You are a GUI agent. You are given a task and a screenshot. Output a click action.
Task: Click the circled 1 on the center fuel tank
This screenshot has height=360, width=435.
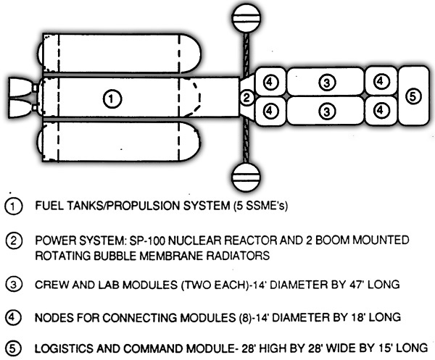click(x=112, y=99)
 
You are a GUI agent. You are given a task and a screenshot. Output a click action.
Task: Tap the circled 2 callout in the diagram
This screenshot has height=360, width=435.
click(x=246, y=98)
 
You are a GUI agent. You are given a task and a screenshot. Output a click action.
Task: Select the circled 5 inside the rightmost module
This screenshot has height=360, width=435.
click(x=413, y=97)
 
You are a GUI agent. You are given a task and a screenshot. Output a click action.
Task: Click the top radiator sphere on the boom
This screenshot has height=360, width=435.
click(x=246, y=19)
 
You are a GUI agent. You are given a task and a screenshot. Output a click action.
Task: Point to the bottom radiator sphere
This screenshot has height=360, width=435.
click(x=246, y=177)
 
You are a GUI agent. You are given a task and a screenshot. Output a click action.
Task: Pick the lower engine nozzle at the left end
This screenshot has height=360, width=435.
click(x=20, y=108)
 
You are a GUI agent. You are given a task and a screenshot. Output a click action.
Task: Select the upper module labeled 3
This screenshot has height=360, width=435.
click(x=325, y=82)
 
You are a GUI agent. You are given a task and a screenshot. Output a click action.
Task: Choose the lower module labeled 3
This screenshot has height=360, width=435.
click(x=325, y=111)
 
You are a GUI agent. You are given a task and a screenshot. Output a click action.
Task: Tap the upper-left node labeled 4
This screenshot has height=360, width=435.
click(x=270, y=82)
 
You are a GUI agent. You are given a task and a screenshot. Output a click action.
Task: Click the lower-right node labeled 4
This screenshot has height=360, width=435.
click(x=381, y=111)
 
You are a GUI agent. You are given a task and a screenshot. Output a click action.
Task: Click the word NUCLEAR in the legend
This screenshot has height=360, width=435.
click(x=195, y=240)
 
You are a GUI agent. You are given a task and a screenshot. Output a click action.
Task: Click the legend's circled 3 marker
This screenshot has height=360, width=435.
click(x=13, y=285)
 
